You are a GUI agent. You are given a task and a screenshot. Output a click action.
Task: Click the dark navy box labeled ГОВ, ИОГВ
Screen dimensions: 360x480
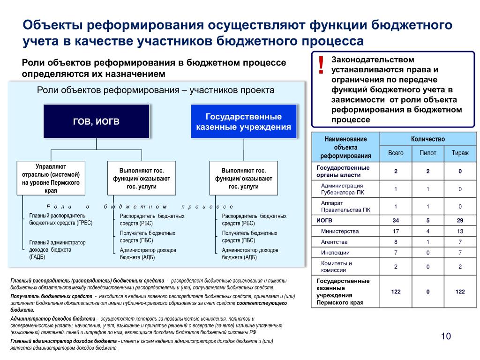pyautogui.click(x=96, y=121)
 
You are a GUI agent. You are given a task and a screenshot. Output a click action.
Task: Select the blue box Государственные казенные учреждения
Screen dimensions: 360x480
pyautogui.click(x=244, y=121)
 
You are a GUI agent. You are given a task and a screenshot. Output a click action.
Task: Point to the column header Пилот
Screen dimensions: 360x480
pyautogui.click(x=427, y=153)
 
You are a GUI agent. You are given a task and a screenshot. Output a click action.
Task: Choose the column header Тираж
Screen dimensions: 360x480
pyautogui.click(x=460, y=153)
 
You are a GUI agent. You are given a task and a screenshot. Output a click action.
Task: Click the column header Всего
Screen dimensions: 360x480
pyautogui.click(x=395, y=153)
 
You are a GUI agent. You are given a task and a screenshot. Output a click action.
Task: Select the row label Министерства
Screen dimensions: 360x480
pyautogui.click(x=340, y=231)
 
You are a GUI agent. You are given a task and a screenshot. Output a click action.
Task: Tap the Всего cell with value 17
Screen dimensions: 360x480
pyautogui.click(x=395, y=231)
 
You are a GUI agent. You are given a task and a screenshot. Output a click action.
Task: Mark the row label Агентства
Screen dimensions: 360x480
pyautogui.click(x=334, y=242)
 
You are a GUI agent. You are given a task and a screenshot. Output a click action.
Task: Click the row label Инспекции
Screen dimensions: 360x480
pyautogui.click(x=335, y=253)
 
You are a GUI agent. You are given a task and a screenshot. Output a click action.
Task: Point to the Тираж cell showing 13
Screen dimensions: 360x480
pyautogui.click(x=460, y=231)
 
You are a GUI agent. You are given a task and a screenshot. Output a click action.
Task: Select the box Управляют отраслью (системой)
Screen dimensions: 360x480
pyautogui.click(x=51, y=179)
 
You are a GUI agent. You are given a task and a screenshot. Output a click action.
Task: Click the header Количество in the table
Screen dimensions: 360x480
pyautogui.click(x=427, y=139)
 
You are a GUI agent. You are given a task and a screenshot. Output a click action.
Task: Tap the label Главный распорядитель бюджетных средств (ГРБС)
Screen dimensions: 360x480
pyautogui.click(x=61, y=219)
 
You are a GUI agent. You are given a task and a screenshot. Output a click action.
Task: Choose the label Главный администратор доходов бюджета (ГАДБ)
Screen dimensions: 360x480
pyautogui.click(x=58, y=250)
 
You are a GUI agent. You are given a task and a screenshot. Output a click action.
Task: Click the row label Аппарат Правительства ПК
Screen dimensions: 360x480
pyautogui.click(x=345, y=206)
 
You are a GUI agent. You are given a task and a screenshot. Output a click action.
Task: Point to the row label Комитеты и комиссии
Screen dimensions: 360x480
pyautogui.click(x=336, y=266)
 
